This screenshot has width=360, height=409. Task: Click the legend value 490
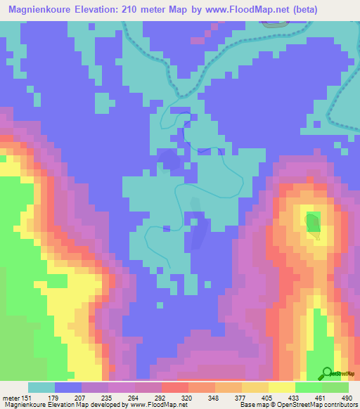(x=347, y=397)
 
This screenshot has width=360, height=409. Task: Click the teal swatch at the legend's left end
(x=41, y=387)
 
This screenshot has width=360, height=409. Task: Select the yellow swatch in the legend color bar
(x=281, y=387)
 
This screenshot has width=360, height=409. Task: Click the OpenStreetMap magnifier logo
(x=326, y=373)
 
